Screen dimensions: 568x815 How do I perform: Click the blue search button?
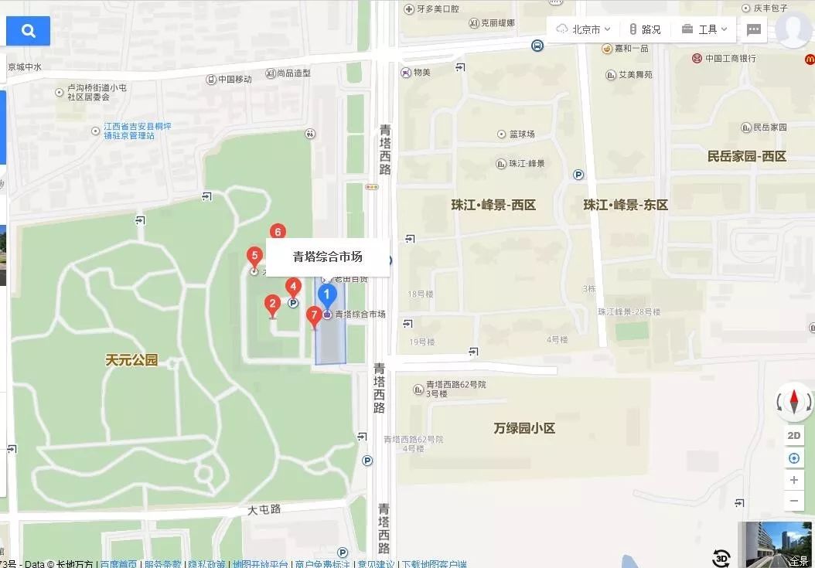(x=29, y=31)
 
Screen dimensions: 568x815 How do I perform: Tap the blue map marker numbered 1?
(x=327, y=295)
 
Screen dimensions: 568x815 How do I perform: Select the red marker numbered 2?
(x=271, y=304)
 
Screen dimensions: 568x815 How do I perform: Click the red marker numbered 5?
(x=253, y=257)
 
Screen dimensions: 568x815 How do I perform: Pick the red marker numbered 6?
(x=278, y=232)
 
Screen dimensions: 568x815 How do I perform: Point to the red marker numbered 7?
(x=313, y=315)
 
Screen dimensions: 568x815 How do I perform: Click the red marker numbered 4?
(x=292, y=287)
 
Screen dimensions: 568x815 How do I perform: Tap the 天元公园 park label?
(x=131, y=359)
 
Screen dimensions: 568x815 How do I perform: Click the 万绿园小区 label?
(x=524, y=427)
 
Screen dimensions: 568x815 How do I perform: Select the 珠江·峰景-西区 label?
(x=493, y=205)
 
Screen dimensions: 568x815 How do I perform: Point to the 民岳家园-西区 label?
(x=746, y=156)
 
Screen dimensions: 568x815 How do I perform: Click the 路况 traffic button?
(x=645, y=29)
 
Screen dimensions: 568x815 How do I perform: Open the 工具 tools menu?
(x=704, y=29)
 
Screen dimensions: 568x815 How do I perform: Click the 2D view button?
(x=794, y=435)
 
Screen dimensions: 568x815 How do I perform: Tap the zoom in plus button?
(x=794, y=480)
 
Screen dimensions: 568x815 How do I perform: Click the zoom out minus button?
(x=794, y=501)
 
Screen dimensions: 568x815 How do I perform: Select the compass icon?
(x=794, y=401)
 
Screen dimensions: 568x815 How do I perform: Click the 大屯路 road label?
(x=264, y=510)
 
